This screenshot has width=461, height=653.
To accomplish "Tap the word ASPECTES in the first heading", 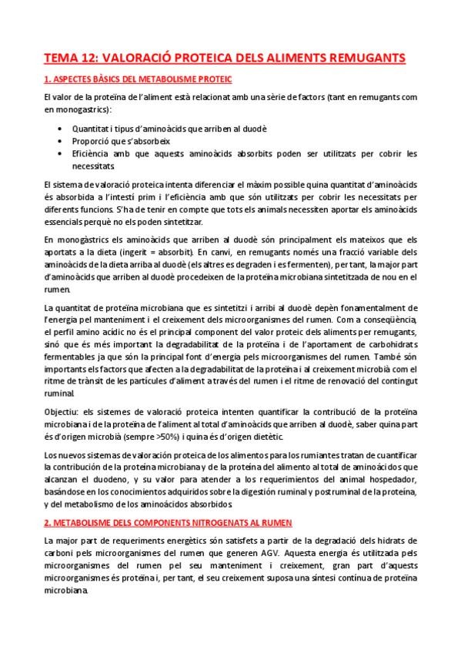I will [x=77, y=79].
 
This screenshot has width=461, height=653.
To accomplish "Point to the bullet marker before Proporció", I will [x=60, y=142].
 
